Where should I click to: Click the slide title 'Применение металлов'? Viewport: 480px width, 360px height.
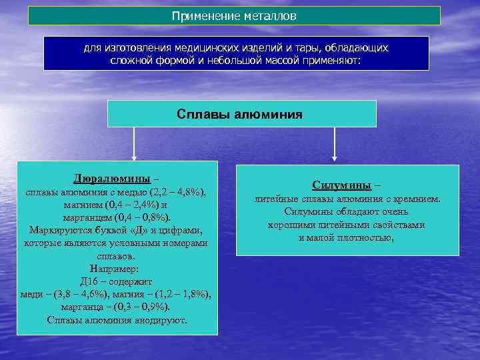(x=234, y=15)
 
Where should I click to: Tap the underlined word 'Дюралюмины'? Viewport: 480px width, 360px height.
(x=111, y=180)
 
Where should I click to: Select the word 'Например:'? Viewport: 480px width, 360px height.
(x=117, y=269)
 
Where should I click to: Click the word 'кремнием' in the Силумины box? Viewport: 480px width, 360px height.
(x=418, y=199)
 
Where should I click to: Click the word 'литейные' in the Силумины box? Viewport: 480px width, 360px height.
(x=273, y=199)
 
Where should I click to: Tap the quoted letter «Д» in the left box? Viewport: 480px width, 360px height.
(x=137, y=231)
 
